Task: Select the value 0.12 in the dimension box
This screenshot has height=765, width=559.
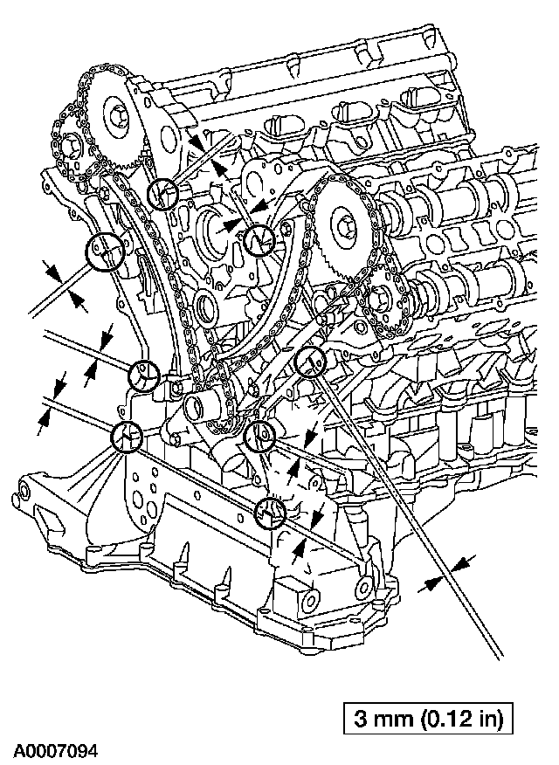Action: click(x=443, y=720)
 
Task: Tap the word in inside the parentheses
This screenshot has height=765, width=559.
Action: click(x=482, y=720)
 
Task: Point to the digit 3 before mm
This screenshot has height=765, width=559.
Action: click(x=361, y=720)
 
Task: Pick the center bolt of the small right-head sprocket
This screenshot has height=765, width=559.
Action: click(x=382, y=303)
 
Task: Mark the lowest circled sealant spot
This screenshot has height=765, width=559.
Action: click(x=272, y=513)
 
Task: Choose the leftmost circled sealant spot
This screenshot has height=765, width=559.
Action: click(x=101, y=252)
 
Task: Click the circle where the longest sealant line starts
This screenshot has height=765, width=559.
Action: click(x=310, y=361)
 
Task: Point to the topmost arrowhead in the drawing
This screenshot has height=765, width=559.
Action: click(x=194, y=139)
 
